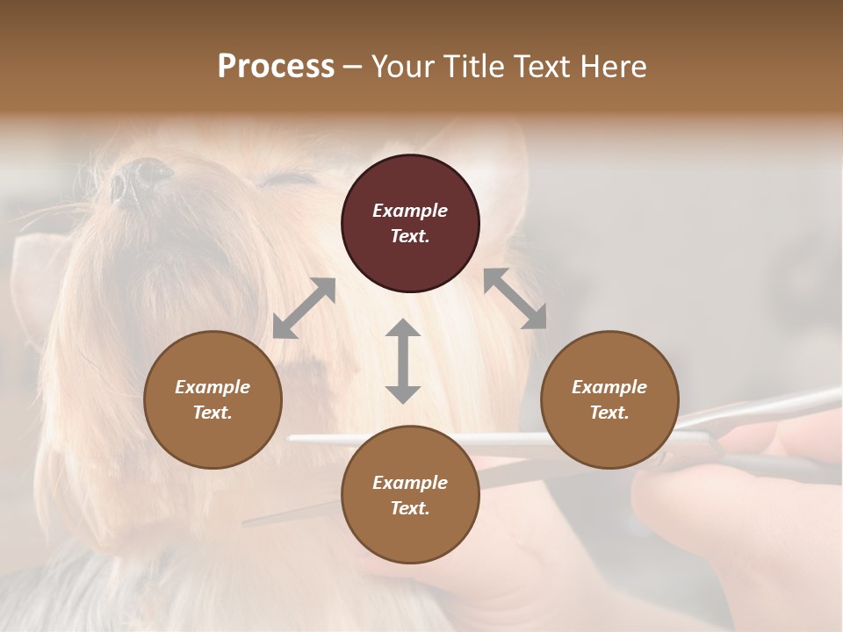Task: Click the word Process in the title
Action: click(276, 67)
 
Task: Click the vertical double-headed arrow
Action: click(403, 361)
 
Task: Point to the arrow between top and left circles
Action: click(304, 308)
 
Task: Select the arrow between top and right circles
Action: click(515, 298)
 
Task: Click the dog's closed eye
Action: click(286, 180)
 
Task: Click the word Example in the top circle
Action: click(410, 211)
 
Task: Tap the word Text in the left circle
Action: click(213, 413)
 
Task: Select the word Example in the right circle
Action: click(609, 387)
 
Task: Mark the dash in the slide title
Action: click(353, 67)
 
